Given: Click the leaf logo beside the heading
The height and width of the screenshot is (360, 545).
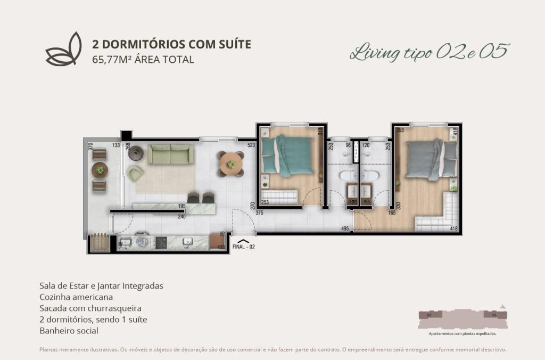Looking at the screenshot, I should [62, 49].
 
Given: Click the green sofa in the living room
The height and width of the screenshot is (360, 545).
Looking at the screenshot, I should [170, 154].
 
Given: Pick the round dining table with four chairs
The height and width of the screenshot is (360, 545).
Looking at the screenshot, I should [232, 163].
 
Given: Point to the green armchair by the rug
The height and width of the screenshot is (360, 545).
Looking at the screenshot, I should [135, 173].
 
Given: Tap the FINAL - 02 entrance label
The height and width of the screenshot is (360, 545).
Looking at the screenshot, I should [244, 247].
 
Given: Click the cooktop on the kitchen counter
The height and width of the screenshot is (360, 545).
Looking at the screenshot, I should [160, 242].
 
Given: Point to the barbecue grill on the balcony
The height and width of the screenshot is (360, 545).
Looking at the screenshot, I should [99, 242].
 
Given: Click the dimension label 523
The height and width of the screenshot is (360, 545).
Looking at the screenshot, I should [251, 145].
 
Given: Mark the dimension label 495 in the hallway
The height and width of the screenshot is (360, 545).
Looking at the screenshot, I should [345, 229].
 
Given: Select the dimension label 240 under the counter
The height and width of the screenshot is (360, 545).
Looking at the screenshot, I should [182, 217].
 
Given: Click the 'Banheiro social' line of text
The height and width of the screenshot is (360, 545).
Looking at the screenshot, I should [69, 331].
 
